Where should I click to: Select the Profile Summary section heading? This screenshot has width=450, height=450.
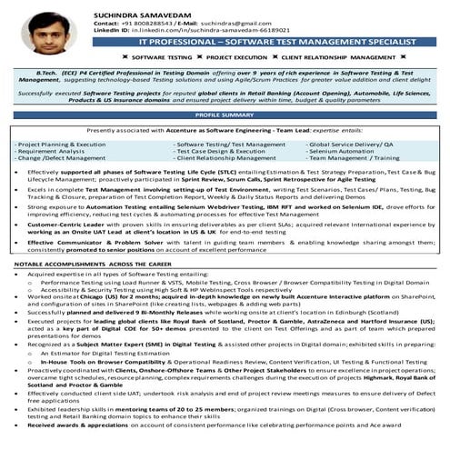(225, 116)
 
